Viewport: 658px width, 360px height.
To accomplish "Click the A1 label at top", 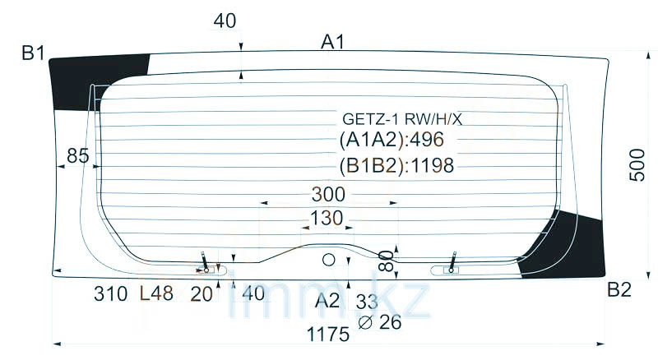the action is (332, 42).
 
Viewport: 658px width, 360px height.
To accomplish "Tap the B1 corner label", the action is (33, 53).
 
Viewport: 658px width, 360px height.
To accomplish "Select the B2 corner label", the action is (619, 289).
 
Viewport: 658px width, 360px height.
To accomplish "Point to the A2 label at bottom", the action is (327, 301).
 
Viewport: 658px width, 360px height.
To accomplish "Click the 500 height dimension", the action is (637, 164).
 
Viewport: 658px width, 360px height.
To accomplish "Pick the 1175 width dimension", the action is (328, 335).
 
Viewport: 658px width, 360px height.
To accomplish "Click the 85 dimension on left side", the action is (78, 155).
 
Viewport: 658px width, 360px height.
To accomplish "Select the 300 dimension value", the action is (328, 194).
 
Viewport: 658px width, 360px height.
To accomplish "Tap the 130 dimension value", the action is (327, 218).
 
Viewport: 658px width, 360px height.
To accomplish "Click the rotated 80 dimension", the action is (385, 261).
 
